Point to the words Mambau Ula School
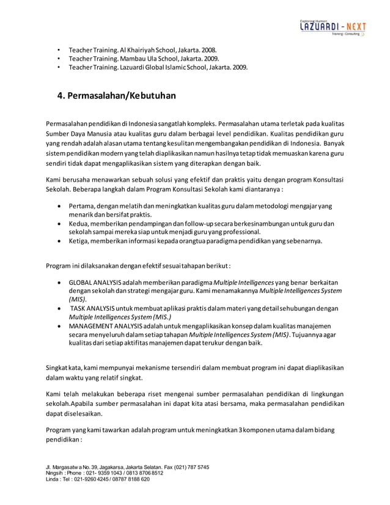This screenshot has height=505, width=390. pos(140,59)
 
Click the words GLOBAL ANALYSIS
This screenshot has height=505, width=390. pos(94,284)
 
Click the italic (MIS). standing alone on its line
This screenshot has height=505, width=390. pos(77,300)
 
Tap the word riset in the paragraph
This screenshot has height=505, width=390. pos(150,395)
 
